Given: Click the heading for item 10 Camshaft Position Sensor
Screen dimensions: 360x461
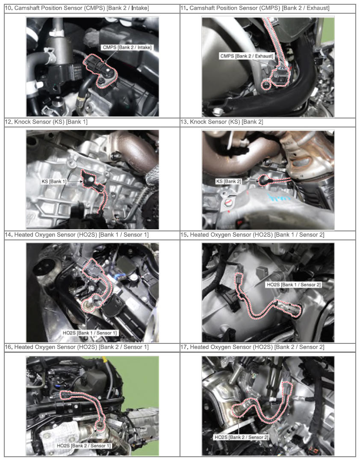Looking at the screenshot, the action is click(x=77, y=8).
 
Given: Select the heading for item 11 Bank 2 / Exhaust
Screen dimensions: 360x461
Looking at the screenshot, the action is click(x=255, y=8).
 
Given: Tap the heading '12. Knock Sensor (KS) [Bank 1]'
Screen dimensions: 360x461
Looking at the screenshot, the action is click(x=46, y=122).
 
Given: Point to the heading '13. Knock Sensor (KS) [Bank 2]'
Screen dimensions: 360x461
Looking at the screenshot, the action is click(x=221, y=122).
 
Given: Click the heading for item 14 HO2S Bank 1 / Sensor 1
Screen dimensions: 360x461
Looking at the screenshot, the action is click(x=77, y=235).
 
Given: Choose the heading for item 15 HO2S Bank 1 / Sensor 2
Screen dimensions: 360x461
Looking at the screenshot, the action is click(x=252, y=235).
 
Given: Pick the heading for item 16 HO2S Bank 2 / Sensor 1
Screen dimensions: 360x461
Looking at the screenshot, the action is click(x=77, y=347).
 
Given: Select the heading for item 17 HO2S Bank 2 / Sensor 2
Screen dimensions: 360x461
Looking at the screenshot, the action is click(x=252, y=347).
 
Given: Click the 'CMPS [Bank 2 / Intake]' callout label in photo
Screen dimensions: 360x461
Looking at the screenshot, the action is click(x=127, y=47).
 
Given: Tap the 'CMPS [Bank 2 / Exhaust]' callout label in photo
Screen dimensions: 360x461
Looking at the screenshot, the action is click(x=247, y=56).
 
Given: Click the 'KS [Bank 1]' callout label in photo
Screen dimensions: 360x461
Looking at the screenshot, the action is click(x=54, y=181).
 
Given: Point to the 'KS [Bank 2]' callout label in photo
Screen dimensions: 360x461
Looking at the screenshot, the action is click(x=228, y=181).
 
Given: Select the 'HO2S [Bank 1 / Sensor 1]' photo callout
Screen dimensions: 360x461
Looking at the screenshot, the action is click(x=90, y=333).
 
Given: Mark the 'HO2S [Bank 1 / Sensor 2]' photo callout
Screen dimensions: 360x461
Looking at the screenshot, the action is click(x=293, y=285).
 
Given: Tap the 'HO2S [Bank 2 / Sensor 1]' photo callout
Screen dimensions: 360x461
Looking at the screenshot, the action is click(x=84, y=446).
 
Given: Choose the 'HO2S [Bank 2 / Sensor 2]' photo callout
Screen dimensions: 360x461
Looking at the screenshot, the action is click(x=241, y=437).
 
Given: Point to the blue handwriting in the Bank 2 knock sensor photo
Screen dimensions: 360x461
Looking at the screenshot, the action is click(x=279, y=198).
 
